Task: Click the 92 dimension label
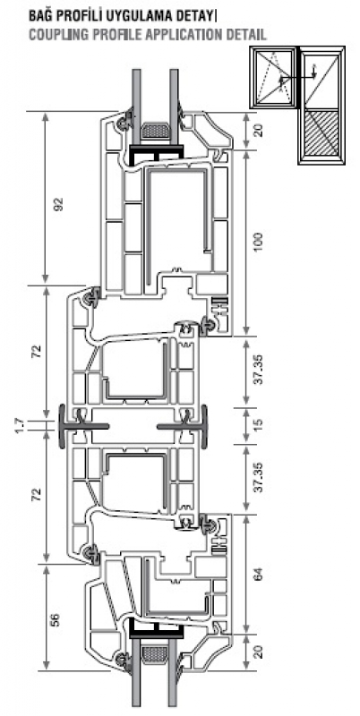(x=59, y=204)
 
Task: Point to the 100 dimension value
(x=259, y=241)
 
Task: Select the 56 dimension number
(x=55, y=619)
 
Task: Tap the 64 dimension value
(x=259, y=574)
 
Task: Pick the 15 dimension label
(x=259, y=425)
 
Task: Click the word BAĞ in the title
(x=39, y=17)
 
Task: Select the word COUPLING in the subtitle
(x=55, y=35)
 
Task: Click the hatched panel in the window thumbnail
(x=322, y=133)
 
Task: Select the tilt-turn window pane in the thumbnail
(x=274, y=77)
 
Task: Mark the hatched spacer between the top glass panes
(x=155, y=131)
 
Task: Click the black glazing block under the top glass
(x=156, y=154)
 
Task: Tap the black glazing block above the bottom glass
(x=156, y=629)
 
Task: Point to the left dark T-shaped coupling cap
(x=83, y=426)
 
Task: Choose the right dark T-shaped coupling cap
(x=183, y=426)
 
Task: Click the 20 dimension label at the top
(x=259, y=130)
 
